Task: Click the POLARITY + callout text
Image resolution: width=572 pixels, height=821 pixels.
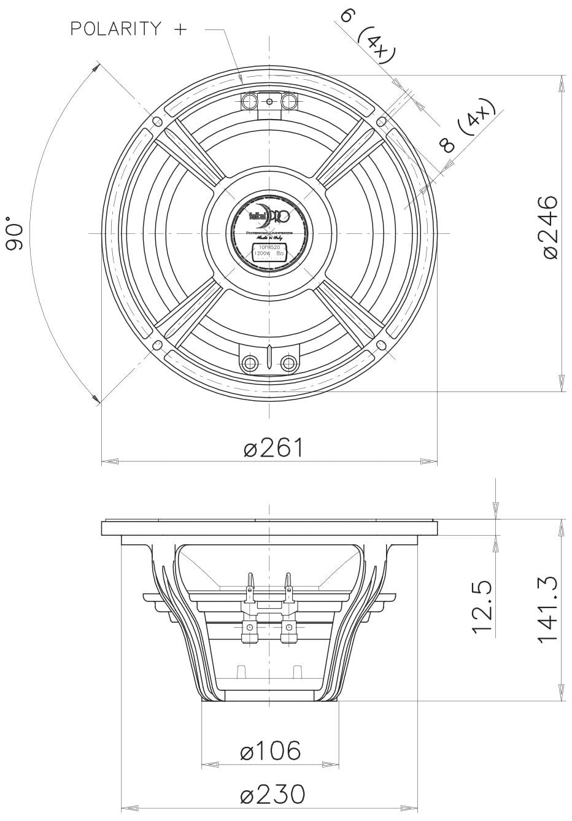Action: pyautogui.click(x=128, y=29)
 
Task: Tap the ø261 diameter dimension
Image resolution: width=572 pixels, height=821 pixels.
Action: pyautogui.click(x=274, y=448)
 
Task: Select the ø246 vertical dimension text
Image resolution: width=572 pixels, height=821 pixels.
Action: pyautogui.click(x=548, y=227)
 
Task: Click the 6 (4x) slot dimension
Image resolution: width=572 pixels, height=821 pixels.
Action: pyautogui.click(x=366, y=34)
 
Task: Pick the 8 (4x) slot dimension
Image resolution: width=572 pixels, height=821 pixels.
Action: pyautogui.click(x=466, y=129)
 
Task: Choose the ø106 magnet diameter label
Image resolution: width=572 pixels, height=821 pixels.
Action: pyautogui.click(x=271, y=750)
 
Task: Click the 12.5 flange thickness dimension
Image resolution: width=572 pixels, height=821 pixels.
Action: pyautogui.click(x=482, y=607)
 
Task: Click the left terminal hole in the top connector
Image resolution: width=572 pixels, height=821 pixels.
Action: pyautogui.click(x=250, y=100)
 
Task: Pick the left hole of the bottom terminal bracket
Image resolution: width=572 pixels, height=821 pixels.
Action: pyautogui.click(x=250, y=363)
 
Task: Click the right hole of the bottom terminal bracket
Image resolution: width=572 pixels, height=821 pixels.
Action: pyautogui.click(x=287, y=363)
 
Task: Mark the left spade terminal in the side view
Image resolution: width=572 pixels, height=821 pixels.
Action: pyautogui.click(x=250, y=586)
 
